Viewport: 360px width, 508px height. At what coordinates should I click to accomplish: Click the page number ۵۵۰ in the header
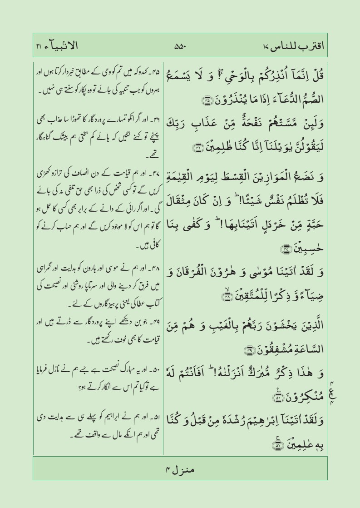click(x=181, y=45)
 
